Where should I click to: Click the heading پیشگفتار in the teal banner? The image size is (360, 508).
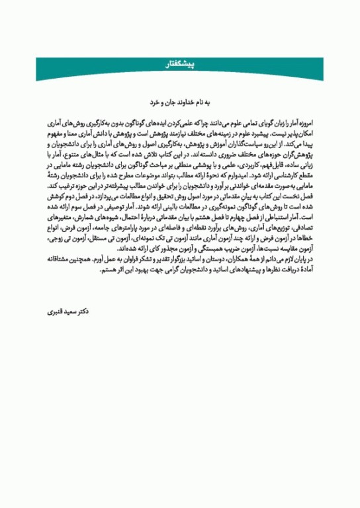(x=180, y=63)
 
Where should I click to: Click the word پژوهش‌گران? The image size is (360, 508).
(x=296, y=151)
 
